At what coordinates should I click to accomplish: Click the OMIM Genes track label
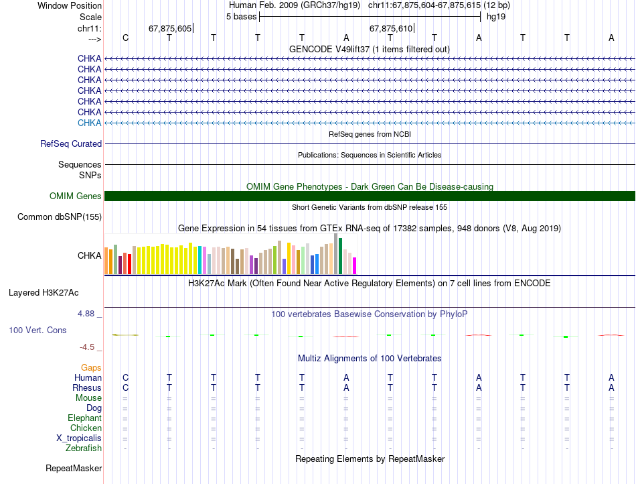coord(76,196)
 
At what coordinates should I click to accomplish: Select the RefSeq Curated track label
coord(71,143)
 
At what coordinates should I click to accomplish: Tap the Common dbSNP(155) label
coord(60,217)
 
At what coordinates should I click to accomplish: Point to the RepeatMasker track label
coord(74,468)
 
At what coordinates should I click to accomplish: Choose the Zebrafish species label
coord(84,448)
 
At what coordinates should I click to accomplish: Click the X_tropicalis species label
coord(79,438)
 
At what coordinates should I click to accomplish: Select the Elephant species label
coord(84,418)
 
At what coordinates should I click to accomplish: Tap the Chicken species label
coord(86,428)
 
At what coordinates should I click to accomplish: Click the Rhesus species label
coord(87,388)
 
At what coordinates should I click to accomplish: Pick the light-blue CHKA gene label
coord(89,123)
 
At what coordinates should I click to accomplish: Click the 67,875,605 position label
coord(170,28)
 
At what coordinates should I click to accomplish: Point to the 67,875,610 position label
coord(391,28)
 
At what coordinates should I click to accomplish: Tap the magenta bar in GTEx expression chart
coord(355,266)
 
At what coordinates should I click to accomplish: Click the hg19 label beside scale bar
coord(496,16)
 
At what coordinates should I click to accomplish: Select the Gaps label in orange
coord(91,368)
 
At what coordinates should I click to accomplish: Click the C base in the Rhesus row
coord(125,388)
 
